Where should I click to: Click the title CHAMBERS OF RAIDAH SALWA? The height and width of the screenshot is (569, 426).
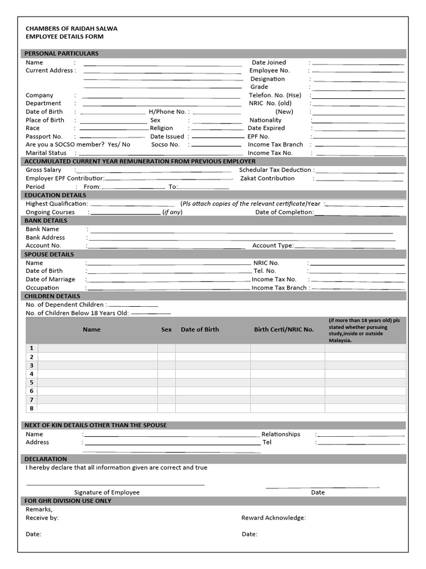[72, 28]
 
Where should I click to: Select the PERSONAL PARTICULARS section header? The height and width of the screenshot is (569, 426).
[62, 53]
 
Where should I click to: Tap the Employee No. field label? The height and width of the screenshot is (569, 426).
[270, 71]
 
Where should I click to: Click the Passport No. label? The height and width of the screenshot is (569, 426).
[44, 136]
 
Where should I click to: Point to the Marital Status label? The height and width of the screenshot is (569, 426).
[46, 153]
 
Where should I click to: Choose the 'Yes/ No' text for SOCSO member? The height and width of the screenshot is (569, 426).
[119, 144]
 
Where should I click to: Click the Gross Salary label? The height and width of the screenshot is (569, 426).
[44, 170]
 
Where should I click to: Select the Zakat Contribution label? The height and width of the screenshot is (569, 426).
[267, 178]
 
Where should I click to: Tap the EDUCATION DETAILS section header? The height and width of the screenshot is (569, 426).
[55, 195]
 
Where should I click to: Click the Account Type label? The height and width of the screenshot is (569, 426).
[273, 246]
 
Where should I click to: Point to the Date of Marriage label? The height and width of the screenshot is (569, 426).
[50, 279]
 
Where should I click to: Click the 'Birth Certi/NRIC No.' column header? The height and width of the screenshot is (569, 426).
[284, 330]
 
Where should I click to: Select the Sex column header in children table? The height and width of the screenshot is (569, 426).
[166, 330]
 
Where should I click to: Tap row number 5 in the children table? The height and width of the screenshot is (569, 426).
[32, 382]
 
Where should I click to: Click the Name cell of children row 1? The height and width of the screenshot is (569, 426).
[98, 348]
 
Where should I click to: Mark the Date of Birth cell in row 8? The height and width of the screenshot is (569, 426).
[212, 408]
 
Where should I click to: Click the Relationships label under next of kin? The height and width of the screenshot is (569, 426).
[281, 434]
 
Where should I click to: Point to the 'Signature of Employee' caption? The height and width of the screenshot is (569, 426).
[107, 492]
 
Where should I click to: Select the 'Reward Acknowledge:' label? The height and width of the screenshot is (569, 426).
[273, 518]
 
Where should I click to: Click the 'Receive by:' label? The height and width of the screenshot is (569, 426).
[42, 518]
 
